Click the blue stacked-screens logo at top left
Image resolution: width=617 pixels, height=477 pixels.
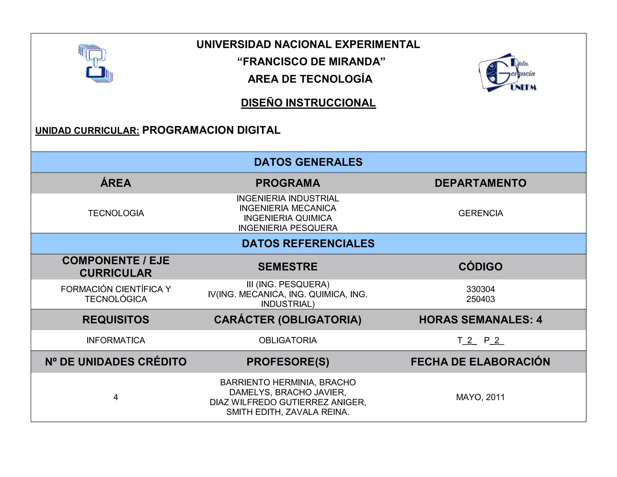(95, 64)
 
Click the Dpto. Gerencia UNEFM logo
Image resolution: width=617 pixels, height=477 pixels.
(507, 73)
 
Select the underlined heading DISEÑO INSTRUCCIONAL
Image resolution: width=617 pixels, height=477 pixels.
(308, 103)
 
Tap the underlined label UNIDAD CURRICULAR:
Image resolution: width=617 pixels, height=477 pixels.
(87, 131)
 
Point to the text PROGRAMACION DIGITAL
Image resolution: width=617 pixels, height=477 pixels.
(211, 130)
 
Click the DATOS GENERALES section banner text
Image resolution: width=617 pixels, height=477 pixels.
(308, 162)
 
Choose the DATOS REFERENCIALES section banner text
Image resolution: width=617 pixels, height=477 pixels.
(308, 243)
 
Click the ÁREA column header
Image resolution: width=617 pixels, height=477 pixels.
(116, 183)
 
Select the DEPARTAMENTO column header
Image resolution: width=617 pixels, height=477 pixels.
(481, 183)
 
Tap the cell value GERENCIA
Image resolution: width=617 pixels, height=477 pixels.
(481, 213)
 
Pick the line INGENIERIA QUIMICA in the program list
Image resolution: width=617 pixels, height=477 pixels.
(288, 218)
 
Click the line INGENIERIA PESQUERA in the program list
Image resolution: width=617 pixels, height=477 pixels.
(288, 228)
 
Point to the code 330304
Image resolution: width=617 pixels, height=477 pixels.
(481, 289)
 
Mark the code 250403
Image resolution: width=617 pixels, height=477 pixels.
(481, 299)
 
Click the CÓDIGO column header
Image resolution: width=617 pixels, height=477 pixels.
(481, 267)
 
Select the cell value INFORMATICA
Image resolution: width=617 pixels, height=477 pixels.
(116, 340)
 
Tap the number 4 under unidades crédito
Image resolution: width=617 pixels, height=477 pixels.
(116, 397)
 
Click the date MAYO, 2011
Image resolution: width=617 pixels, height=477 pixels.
(481, 397)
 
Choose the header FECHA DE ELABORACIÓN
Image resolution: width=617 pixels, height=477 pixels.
(481, 362)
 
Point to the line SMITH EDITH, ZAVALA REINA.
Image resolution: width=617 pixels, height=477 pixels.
(288, 412)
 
